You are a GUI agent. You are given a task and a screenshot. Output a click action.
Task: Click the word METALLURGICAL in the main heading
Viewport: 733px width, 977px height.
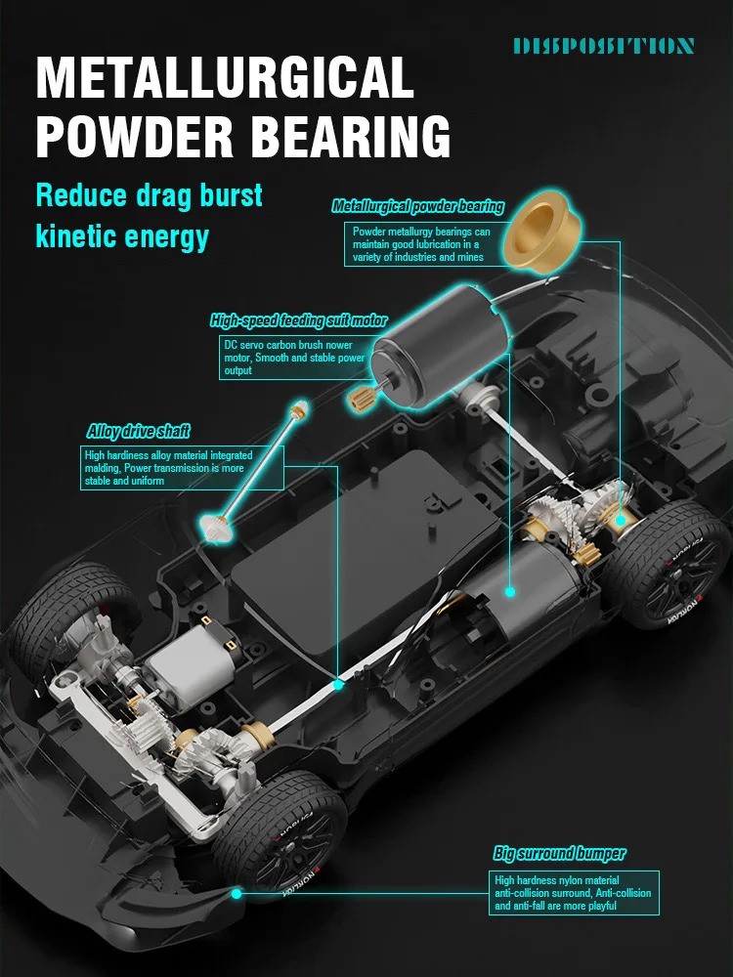coord(225,77)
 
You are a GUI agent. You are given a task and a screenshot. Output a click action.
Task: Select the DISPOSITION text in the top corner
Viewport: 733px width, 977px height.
coord(603,46)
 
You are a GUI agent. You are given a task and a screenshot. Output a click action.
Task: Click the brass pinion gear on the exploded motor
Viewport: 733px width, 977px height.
coord(361,397)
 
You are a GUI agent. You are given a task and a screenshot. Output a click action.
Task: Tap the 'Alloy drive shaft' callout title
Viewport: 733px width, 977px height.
coord(139,431)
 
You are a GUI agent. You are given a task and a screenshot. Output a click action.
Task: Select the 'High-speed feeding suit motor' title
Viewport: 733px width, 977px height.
coord(298,320)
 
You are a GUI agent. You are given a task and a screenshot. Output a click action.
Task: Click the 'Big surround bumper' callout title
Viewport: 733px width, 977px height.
coord(559,853)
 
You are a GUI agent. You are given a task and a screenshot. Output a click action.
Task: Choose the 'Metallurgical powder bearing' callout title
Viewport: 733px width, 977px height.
coord(417,206)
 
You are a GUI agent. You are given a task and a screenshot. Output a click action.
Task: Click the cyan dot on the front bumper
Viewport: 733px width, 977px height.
coord(237,894)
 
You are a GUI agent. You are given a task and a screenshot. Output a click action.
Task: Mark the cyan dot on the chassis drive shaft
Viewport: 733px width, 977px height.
coord(338,684)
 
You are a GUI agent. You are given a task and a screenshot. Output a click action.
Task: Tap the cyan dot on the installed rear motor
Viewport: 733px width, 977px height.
coord(510,591)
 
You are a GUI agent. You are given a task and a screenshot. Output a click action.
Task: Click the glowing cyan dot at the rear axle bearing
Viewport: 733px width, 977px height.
coord(620,520)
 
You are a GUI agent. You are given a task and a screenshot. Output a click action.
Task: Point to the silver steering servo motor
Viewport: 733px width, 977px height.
coord(192,665)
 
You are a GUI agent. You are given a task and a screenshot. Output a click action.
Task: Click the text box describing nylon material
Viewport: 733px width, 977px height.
coord(573,893)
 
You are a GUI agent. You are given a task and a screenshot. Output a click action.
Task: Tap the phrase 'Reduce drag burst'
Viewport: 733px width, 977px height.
coord(149,195)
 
